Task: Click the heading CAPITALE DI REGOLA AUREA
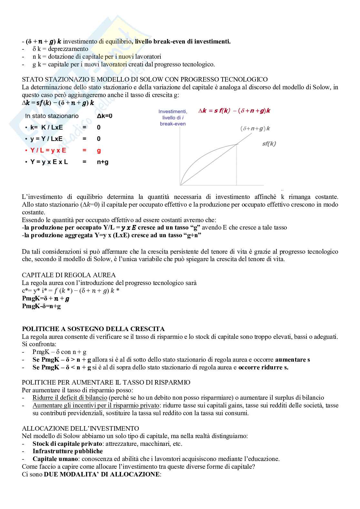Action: [x=68, y=275]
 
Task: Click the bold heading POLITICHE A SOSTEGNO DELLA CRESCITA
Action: [x=93, y=329]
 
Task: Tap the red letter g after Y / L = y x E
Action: [x=99, y=151]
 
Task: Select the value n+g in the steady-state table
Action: [x=103, y=162]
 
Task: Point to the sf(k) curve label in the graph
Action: [x=269, y=144]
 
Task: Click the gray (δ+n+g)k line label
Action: [x=255, y=128]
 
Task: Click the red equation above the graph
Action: [x=234, y=111]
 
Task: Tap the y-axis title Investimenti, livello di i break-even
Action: [x=173, y=117]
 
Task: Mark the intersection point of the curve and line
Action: [x=237, y=144]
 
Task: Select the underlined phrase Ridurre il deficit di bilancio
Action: [x=70, y=398]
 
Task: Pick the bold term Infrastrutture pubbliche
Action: [x=67, y=451]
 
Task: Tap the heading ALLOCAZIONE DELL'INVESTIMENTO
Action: [x=80, y=428]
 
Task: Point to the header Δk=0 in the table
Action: [x=105, y=116]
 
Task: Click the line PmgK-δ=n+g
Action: [x=41, y=306]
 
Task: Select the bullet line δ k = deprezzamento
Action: [x=60, y=49]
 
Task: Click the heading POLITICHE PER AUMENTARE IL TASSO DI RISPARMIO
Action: [x=106, y=382]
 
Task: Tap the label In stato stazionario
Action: [x=52, y=116]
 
